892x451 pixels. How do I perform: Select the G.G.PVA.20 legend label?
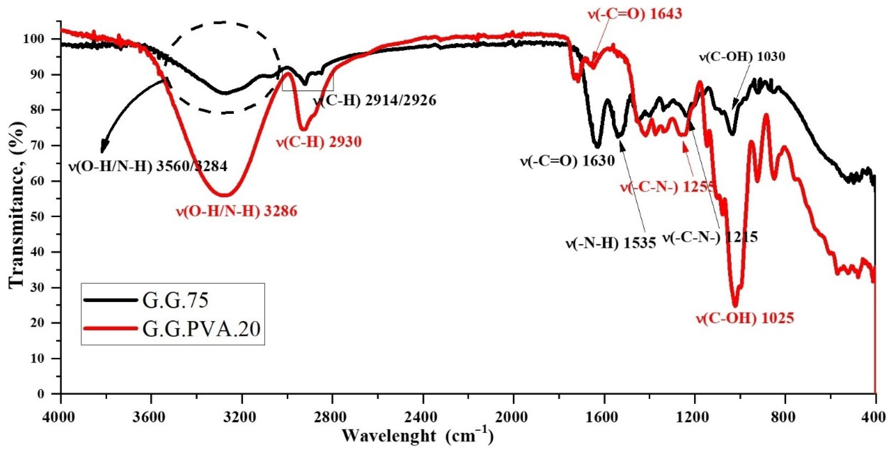coord(201,329)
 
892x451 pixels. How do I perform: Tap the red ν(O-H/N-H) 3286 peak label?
coord(237,211)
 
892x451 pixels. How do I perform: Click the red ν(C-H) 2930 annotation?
coord(318,142)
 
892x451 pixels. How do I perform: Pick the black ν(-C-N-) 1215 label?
coord(710,237)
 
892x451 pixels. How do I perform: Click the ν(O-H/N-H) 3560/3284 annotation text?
coord(148,167)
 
